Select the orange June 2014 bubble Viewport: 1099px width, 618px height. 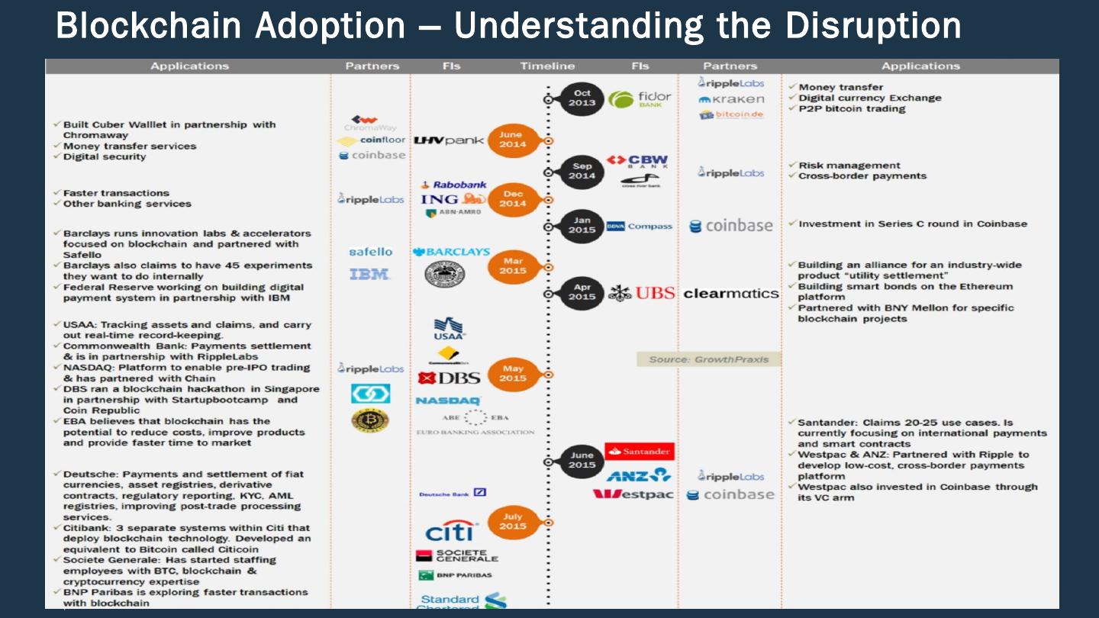click(512, 140)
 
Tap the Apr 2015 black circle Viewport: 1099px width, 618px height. click(582, 293)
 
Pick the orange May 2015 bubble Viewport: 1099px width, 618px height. click(513, 374)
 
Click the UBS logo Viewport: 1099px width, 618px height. click(643, 293)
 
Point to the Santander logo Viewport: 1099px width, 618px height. click(640, 451)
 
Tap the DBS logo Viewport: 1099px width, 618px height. click(450, 378)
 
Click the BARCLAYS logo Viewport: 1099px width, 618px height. click(451, 252)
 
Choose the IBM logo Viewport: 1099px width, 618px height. click(370, 274)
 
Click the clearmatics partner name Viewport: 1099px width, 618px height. click(731, 293)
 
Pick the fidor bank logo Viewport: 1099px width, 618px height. click(640, 99)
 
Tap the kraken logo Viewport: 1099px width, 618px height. click(730, 99)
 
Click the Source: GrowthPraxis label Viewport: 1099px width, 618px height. click(709, 359)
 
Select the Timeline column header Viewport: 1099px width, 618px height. click(547, 66)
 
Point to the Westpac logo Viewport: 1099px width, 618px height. click(633, 494)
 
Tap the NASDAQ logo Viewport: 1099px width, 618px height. click(448, 400)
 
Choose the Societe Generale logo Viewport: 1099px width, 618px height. click(458, 555)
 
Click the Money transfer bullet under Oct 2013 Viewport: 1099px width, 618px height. click(840, 87)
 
